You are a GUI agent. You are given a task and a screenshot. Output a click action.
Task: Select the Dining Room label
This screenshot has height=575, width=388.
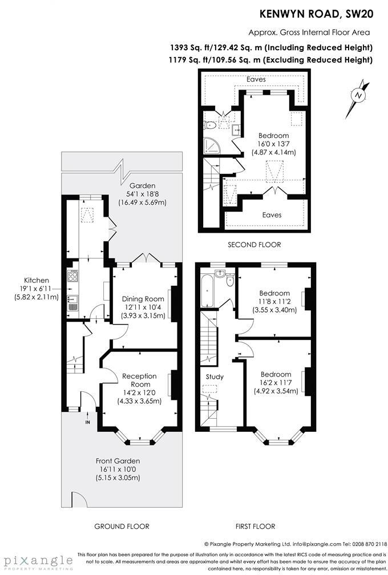pyautogui.click(x=144, y=299)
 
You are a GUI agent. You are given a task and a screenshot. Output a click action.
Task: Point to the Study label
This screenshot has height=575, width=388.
pyautogui.click(x=215, y=376)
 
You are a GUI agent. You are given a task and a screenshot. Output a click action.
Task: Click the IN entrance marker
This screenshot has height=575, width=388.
pyautogui.click(x=87, y=423)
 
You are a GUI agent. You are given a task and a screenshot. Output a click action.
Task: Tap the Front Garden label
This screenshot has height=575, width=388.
pyautogui.click(x=118, y=461)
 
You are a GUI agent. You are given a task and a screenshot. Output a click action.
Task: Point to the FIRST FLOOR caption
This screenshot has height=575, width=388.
pyautogui.click(x=255, y=527)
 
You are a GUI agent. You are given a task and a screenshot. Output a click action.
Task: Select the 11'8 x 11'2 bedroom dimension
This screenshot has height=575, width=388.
pyautogui.click(x=274, y=302)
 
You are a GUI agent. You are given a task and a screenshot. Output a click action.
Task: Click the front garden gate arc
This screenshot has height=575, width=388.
pyautogui.click(x=79, y=500)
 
